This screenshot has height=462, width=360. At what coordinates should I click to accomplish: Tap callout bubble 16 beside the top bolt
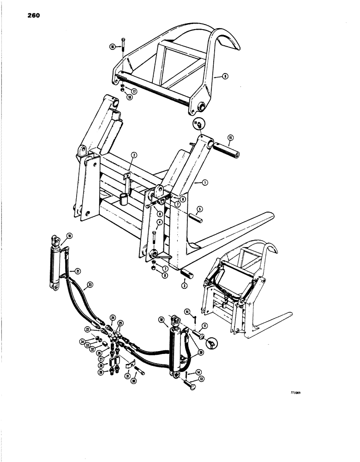[x=112, y=47]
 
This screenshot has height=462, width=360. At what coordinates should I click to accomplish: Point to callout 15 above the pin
[x=231, y=137]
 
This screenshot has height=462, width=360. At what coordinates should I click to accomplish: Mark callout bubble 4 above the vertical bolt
[x=159, y=222]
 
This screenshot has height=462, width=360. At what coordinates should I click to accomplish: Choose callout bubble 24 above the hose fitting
[x=112, y=317]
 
